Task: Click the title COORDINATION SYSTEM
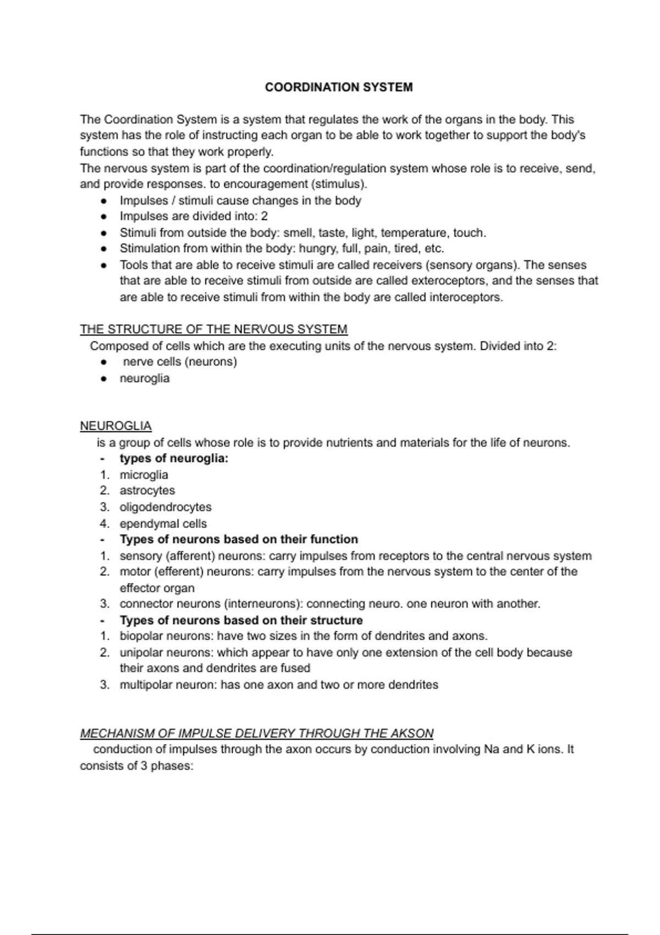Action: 338,87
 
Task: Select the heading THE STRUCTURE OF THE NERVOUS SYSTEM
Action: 213,329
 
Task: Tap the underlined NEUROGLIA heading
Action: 116,426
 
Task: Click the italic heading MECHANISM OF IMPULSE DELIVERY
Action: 256,734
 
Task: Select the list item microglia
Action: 144,475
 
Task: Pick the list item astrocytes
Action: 147,491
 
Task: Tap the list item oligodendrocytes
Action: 165,507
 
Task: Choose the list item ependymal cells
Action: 163,524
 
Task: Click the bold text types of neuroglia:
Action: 174,459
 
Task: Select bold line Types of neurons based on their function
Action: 239,540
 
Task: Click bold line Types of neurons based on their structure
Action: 241,620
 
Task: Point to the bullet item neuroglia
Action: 144,378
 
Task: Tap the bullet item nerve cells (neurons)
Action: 180,362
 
